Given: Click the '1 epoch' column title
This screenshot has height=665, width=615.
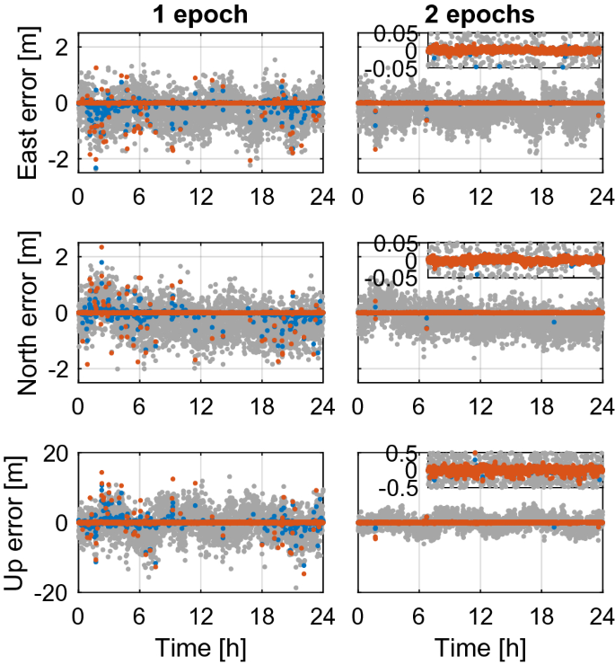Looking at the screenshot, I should pos(199,15).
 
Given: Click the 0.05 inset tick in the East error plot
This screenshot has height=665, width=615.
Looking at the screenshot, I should pos(397,33).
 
